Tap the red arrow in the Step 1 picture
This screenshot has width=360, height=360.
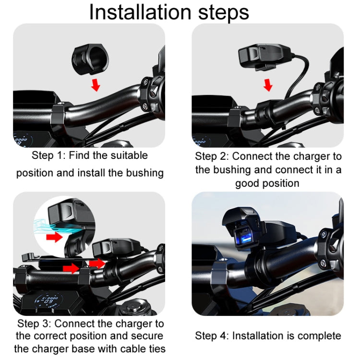(96, 85)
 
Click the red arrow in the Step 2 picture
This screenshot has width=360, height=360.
(268, 85)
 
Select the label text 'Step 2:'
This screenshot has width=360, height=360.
(212, 156)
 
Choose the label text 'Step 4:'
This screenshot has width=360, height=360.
(212, 336)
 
